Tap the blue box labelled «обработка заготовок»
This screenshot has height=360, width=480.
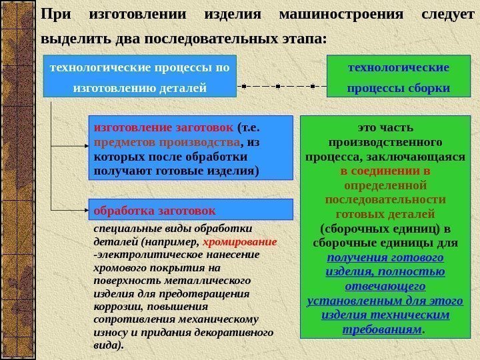[191, 209]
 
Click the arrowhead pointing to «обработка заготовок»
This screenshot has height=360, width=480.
[85, 210]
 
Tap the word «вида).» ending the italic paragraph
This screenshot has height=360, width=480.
[109, 345]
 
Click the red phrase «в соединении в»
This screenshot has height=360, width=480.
[385, 170]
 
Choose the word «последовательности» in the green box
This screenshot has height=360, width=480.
[385, 199]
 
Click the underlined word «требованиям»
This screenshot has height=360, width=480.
[382, 329]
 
